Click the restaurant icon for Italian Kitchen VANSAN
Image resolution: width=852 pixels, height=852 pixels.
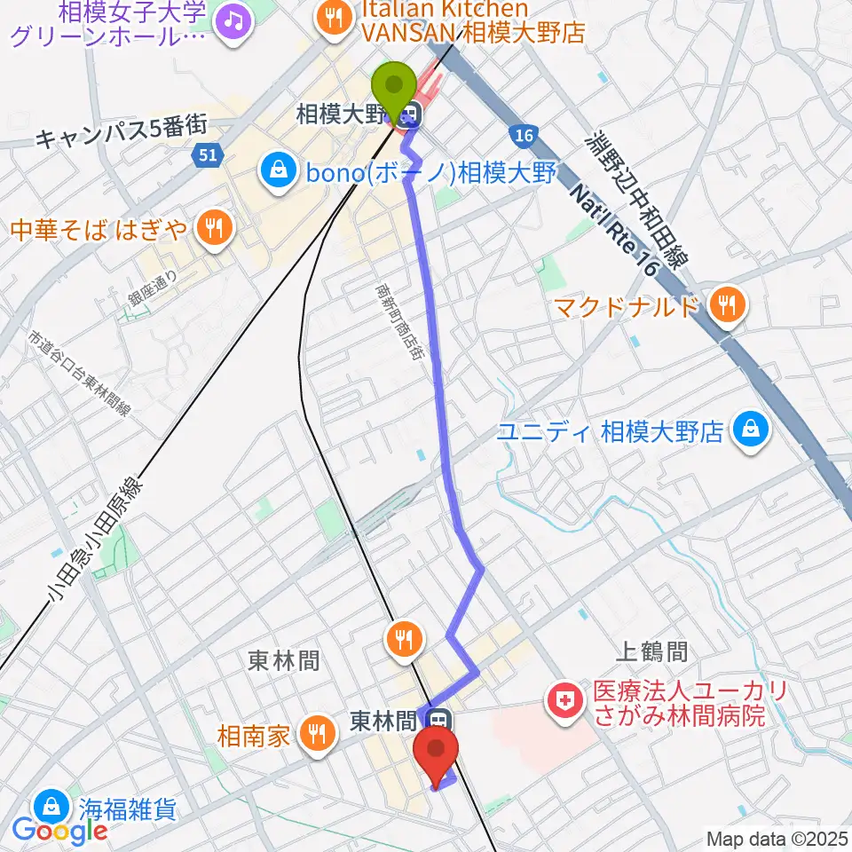(334, 17)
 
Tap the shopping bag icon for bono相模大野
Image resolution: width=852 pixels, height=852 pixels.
(279, 170)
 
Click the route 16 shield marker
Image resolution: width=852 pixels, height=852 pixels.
(523, 134)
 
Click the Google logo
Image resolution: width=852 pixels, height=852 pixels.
(59, 831)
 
